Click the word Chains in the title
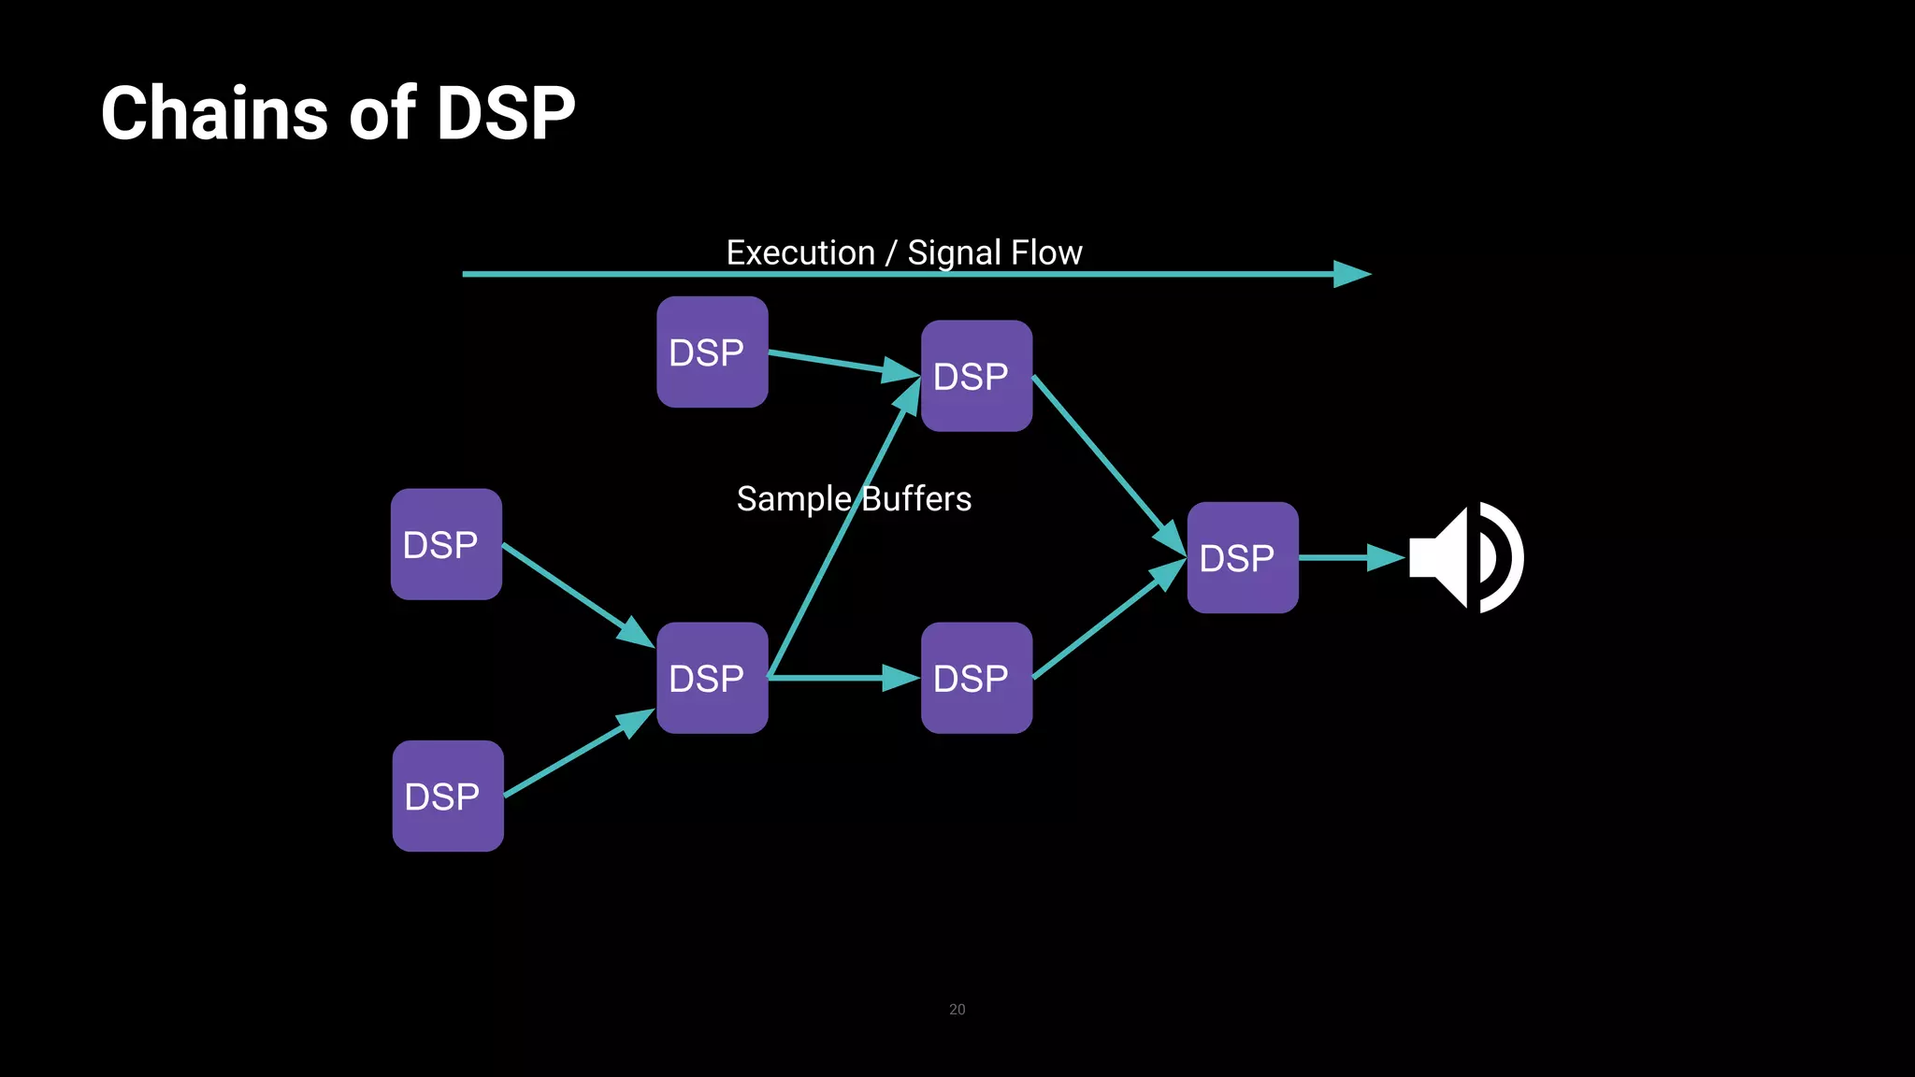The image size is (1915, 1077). (x=214, y=113)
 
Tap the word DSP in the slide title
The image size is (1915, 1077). (x=505, y=113)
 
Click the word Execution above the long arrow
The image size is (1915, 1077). (x=800, y=252)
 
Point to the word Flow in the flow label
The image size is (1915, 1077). (x=1046, y=252)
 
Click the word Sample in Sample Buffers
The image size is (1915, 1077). (x=793, y=499)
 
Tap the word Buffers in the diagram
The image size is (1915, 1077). (x=917, y=499)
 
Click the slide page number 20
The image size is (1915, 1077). (x=957, y=1009)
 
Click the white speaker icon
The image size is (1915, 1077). (x=1465, y=558)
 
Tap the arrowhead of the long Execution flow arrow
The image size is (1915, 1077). (x=1352, y=274)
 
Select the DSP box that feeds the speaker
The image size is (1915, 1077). (x=1242, y=558)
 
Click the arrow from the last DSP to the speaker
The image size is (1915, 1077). (x=1350, y=558)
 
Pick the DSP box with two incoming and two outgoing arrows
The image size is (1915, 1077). (x=712, y=678)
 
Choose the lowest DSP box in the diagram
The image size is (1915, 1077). (x=447, y=796)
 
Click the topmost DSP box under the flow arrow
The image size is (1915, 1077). (x=712, y=352)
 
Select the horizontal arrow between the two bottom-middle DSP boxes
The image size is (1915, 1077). (x=842, y=678)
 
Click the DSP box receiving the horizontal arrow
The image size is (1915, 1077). (x=976, y=678)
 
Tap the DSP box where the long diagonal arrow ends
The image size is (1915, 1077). (x=976, y=376)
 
